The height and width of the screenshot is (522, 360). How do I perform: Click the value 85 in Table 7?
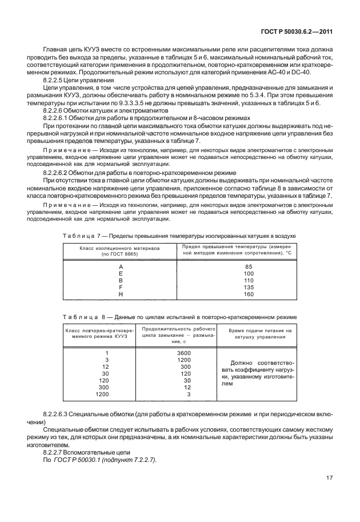(x=249, y=266)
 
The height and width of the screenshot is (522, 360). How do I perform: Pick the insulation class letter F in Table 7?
(x=121, y=287)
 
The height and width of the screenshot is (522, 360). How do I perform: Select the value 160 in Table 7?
(x=249, y=294)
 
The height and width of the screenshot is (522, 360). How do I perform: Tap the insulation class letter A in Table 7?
(x=121, y=266)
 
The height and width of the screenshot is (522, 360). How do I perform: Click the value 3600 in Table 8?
(x=183, y=353)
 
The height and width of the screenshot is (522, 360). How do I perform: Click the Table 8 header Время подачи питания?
(x=255, y=331)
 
